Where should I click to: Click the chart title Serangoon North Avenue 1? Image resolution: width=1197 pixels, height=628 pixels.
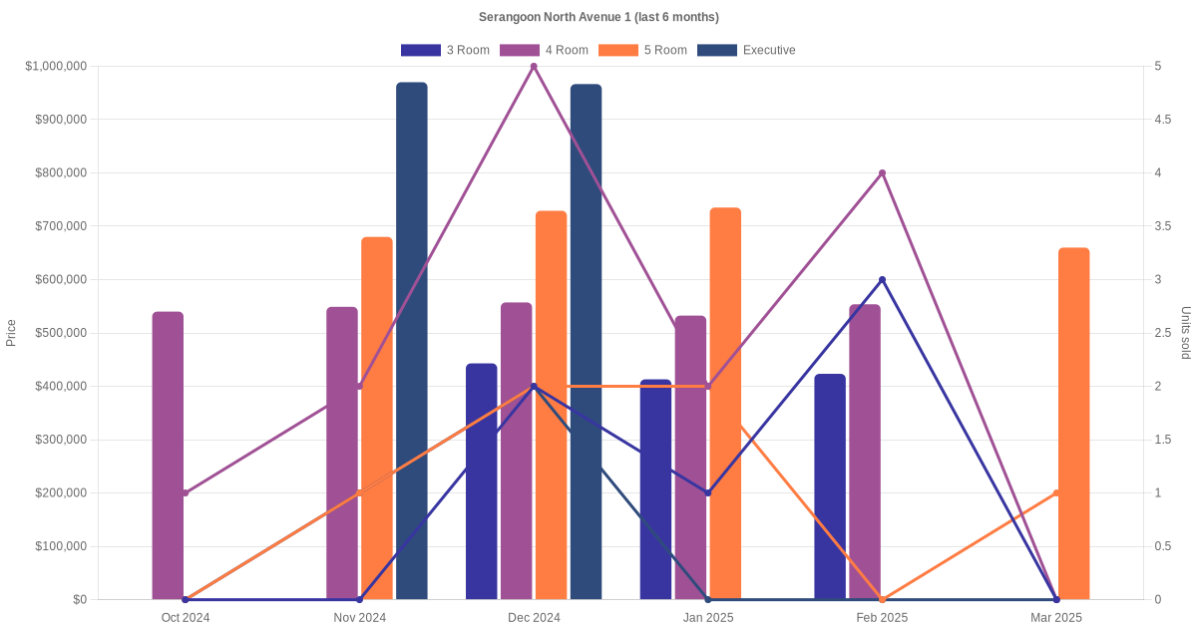[598, 17]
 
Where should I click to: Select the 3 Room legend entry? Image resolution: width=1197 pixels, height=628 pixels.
[445, 50]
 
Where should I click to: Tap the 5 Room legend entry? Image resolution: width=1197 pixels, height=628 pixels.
[643, 50]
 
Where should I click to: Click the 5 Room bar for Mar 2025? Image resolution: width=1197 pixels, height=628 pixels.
[1073, 424]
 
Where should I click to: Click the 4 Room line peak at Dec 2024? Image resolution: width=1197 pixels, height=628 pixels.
[534, 67]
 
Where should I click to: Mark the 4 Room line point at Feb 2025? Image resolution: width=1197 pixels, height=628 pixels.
[882, 173]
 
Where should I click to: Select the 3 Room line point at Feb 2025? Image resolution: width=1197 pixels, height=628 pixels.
[882, 280]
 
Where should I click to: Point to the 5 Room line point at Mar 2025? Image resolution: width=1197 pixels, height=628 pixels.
[1056, 493]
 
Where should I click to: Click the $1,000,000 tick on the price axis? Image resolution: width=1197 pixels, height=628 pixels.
[56, 67]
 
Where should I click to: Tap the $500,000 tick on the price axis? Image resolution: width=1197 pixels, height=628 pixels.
[60, 333]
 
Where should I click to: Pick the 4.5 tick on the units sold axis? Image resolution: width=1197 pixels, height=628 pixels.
[1161, 120]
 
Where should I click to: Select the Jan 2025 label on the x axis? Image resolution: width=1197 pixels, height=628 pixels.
[708, 618]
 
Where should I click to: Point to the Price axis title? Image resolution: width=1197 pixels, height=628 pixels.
[11, 333]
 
